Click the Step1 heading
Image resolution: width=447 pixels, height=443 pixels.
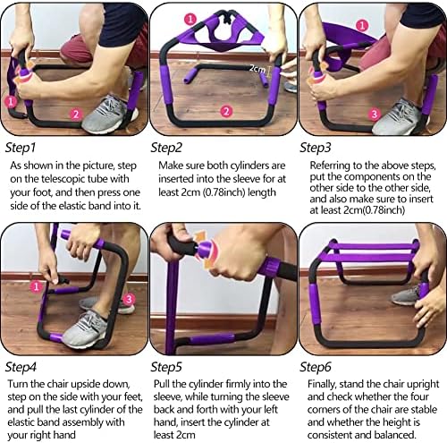21,148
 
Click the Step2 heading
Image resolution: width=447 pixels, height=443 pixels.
166,148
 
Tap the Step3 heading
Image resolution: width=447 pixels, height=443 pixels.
316,148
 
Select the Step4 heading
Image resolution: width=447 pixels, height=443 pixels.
21,367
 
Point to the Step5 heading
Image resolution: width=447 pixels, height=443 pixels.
166,367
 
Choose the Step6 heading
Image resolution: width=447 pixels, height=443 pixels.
316,367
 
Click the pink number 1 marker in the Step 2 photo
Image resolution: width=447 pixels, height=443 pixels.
190,19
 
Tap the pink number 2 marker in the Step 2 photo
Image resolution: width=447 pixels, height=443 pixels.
226,112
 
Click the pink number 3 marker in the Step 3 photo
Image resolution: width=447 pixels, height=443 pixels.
375,114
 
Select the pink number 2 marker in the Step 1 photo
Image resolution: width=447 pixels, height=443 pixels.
76,115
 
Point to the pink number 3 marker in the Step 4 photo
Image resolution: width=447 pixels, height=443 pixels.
129,299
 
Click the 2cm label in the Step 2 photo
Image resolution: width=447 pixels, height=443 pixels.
257,69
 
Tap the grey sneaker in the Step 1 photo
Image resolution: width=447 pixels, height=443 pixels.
109,115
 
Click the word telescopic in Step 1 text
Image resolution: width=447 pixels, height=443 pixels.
62,179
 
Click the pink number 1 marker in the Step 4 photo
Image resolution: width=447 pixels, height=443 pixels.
36,286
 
